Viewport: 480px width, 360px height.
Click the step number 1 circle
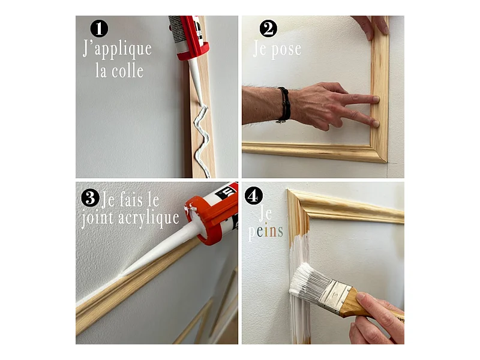[99, 28]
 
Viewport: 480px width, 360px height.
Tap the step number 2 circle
[268, 28]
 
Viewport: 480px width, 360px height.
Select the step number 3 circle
[90, 197]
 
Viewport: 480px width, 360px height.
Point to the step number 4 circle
[253, 196]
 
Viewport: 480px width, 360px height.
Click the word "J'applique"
[117, 49]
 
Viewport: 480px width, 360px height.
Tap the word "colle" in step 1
[127, 71]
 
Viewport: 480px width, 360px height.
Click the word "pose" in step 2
[286, 50]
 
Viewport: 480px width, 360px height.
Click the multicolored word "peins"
[265, 231]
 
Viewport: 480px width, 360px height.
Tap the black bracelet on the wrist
[284, 104]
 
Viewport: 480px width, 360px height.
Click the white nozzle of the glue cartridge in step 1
[197, 81]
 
